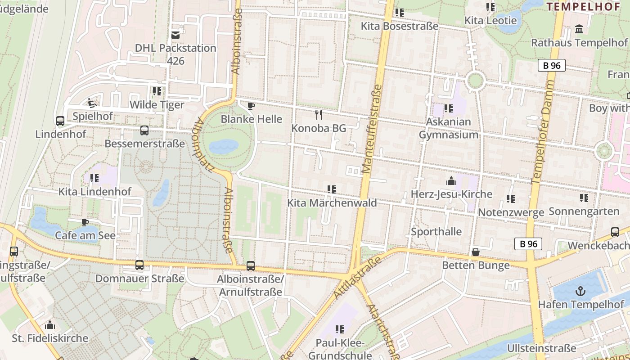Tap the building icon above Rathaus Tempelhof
pos(579,30)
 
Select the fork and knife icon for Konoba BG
pos(319,114)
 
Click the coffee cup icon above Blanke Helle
pos(251,106)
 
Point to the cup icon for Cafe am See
pos(85,222)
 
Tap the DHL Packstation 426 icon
pos(175,35)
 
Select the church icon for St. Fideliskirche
pos(50,324)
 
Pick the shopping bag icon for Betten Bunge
pos(475,252)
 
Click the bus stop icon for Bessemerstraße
pos(144,130)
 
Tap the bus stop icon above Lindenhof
pos(60,121)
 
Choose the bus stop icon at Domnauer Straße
pos(139,265)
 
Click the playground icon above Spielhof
pos(93,103)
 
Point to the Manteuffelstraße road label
pos(372,128)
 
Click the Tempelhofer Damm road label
pos(543,132)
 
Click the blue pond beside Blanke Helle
pos(224,146)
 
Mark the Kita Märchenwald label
pos(332,203)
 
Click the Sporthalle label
pos(436,232)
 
